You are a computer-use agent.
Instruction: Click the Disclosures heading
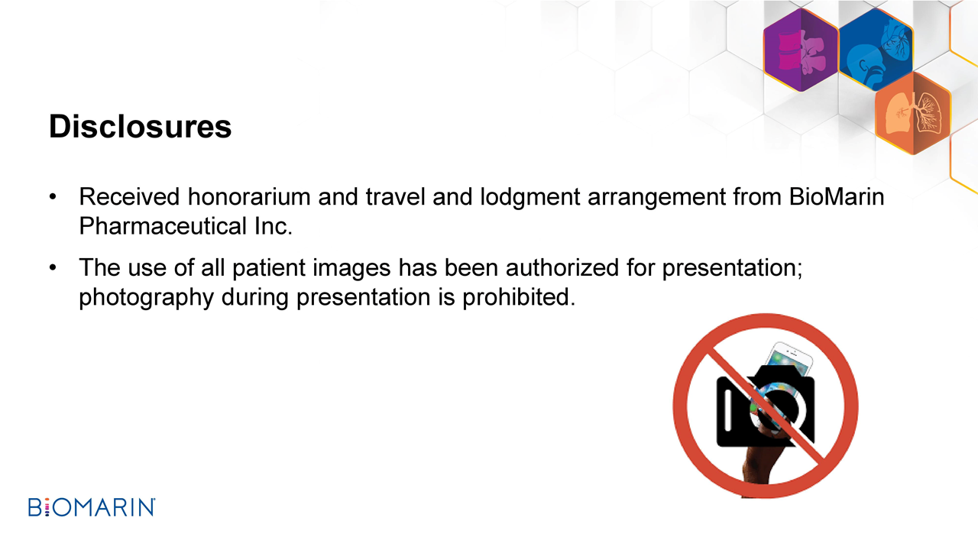140,127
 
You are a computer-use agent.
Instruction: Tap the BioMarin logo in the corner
92,507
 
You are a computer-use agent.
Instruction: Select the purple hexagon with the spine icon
802,50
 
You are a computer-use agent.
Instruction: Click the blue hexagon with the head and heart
876,49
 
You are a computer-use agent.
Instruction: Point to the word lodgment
530,198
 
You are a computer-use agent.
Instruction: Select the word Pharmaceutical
163,226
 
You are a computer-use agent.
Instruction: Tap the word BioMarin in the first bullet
837,197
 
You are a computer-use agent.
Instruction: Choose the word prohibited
519,298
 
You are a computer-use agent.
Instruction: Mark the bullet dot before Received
53,197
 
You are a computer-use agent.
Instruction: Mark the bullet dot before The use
53,267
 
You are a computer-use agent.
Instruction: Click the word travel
396,197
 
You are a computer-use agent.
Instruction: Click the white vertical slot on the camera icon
728,410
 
